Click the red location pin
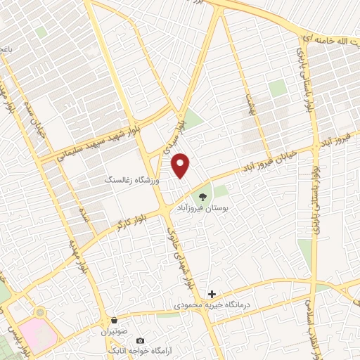click(181, 165)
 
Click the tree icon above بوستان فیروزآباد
click(203, 196)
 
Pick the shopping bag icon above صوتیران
click(114, 319)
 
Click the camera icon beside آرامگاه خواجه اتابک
click(139, 340)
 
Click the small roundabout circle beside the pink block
click(39, 311)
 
